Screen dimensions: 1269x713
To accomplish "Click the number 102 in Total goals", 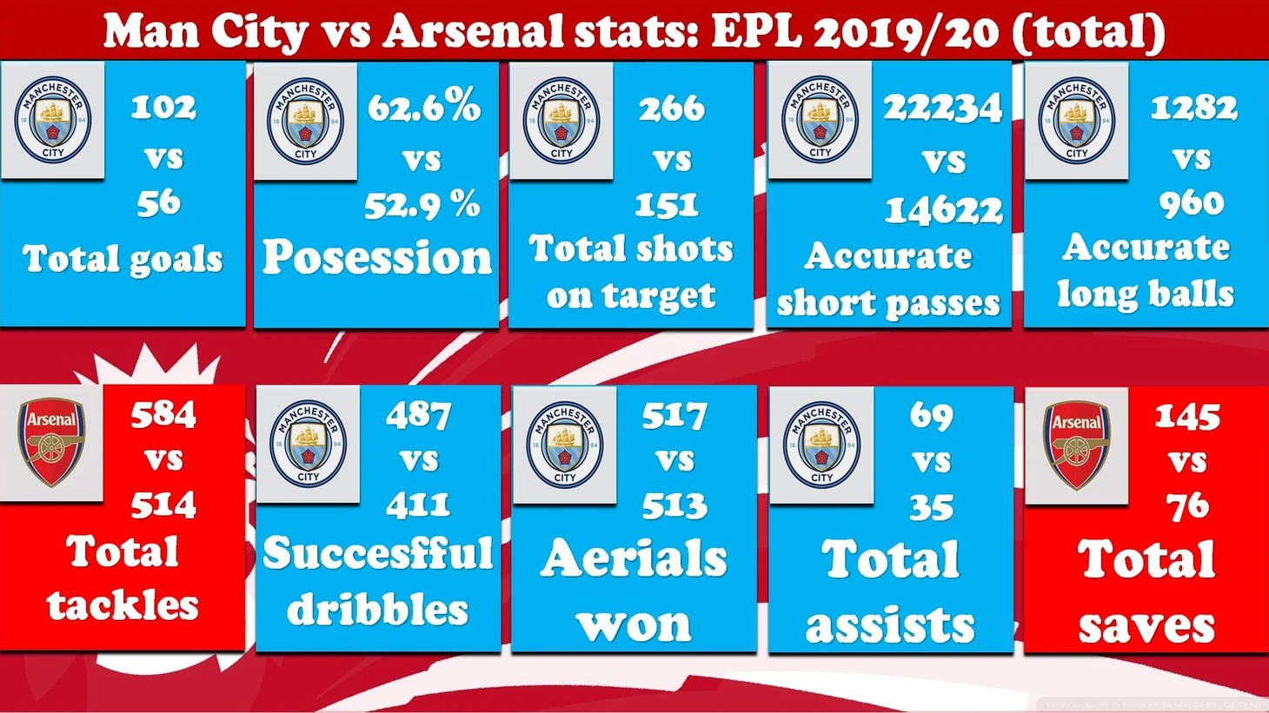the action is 163,107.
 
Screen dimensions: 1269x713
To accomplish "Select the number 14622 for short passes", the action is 944,210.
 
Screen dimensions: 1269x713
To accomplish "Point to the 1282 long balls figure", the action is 1193,107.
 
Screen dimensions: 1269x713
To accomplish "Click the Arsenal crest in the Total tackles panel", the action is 51,442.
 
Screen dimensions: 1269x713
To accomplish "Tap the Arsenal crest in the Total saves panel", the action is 1076,445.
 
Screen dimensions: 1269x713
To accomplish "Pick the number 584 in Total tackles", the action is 163,415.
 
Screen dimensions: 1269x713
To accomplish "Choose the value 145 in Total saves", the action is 1187,417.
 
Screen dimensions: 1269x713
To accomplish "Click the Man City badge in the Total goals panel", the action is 53,120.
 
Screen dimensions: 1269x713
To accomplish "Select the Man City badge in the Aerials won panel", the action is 564,445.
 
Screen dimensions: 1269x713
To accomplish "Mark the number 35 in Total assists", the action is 932,507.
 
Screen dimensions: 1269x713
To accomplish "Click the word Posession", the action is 377,257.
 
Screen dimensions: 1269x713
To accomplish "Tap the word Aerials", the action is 634,558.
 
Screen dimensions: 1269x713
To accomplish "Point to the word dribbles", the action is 378,609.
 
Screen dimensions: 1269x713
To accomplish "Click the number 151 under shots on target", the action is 666,206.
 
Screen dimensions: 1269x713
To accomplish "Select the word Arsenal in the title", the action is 474,30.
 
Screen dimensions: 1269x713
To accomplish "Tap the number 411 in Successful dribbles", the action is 418,505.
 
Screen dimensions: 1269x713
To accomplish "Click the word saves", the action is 1146,626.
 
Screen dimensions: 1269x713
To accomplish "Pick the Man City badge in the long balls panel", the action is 1077,120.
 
